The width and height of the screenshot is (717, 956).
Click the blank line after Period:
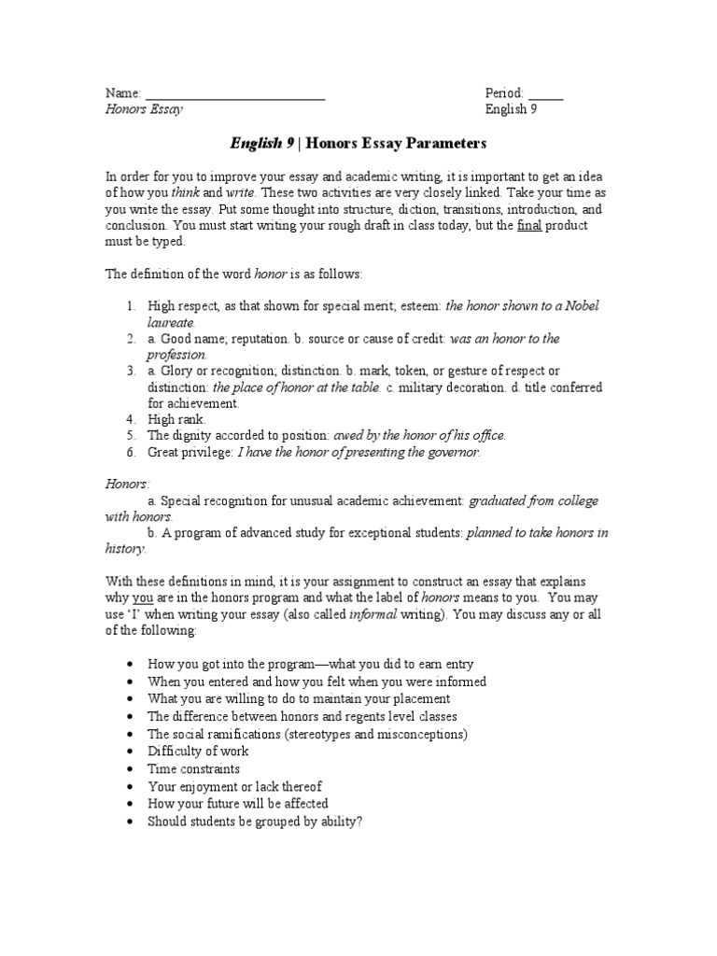coord(546,96)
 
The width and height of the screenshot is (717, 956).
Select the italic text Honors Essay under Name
coord(143,110)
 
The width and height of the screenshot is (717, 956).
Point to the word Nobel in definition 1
coord(580,306)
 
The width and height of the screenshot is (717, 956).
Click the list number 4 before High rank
coord(132,420)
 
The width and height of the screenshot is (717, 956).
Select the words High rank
coord(176,420)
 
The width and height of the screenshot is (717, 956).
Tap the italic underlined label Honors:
coord(126,485)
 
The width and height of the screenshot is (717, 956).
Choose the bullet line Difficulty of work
coord(199,752)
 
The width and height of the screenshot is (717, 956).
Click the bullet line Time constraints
coord(194,769)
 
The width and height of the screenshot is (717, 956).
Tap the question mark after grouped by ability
coord(360,822)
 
